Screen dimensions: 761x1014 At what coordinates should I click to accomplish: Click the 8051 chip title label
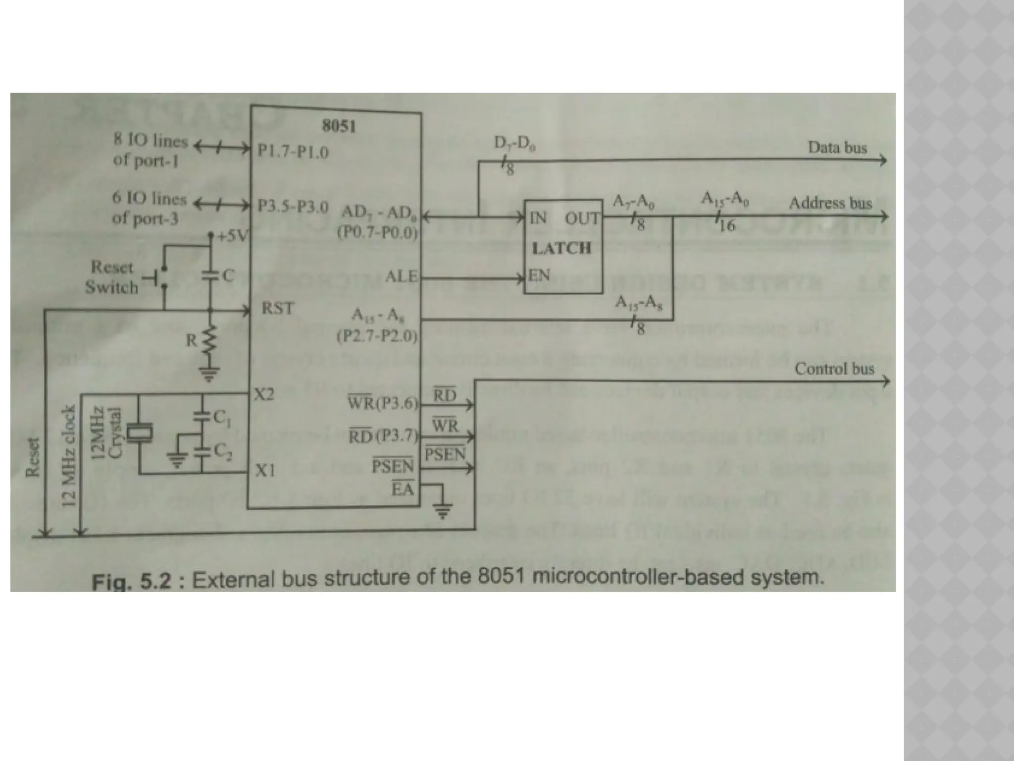(x=339, y=126)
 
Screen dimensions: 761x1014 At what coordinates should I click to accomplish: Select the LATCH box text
(x=561, y=248)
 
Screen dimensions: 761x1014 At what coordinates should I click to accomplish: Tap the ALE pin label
(x=401, y=276)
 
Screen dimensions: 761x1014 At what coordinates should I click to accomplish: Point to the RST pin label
(x=277, y=309)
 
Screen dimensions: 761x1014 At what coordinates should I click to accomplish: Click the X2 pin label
(x=264, y=395)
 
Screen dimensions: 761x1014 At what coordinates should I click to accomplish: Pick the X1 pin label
(x=265, y=470)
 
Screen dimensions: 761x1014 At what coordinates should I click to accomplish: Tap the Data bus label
(x=837, y=148)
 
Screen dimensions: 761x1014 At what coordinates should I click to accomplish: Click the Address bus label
(x=830, y=203)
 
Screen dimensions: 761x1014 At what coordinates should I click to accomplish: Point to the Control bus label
(x=834, y=369)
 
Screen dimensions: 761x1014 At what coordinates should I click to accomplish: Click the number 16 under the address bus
(x=727, y=226)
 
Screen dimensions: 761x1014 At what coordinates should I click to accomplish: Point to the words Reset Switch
(x=111, y=277)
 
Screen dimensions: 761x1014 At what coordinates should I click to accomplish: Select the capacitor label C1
(x=221, y=419)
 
